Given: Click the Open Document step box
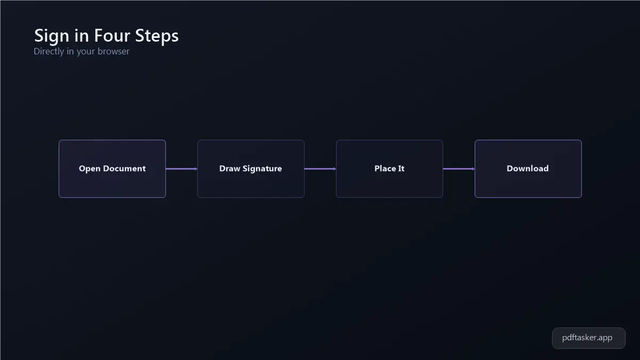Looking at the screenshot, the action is [x=113, y=169].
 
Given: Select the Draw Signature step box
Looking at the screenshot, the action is [x=251, y=169].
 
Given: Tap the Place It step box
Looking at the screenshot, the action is [x=389, y=169].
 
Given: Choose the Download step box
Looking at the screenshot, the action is [x=528, y=169].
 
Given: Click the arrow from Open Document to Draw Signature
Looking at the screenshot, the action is [x=182, y=169].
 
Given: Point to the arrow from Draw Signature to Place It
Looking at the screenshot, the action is [x=321, y=169].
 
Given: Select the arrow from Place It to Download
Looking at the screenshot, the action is [x=459, y=169].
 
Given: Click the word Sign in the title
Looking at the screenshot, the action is [x=52, y=36].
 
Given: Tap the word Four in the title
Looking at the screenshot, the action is [x=112, y=35].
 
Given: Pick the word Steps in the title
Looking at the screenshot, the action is [x=157, y=36].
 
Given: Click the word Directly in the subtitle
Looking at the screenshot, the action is [x=49, y=51].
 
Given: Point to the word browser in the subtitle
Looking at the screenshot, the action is [x=114, y=51].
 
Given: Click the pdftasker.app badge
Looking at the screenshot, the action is [x=589, y=338].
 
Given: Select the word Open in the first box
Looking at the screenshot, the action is [x=90, y=169].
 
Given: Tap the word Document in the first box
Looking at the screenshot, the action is [x=124, y=169].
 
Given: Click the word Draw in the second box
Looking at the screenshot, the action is [x=230, y=169].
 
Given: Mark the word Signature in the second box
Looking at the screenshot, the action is [x=262, y=169].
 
